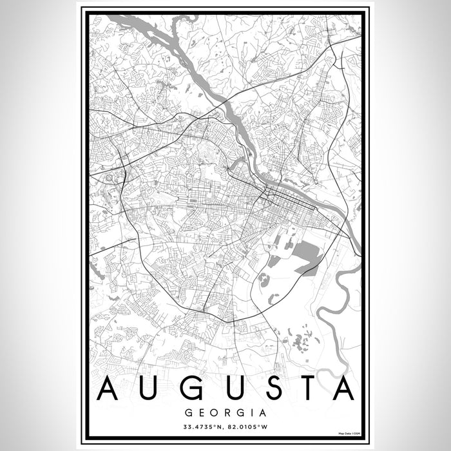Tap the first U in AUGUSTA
148,389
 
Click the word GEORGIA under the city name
225,410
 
